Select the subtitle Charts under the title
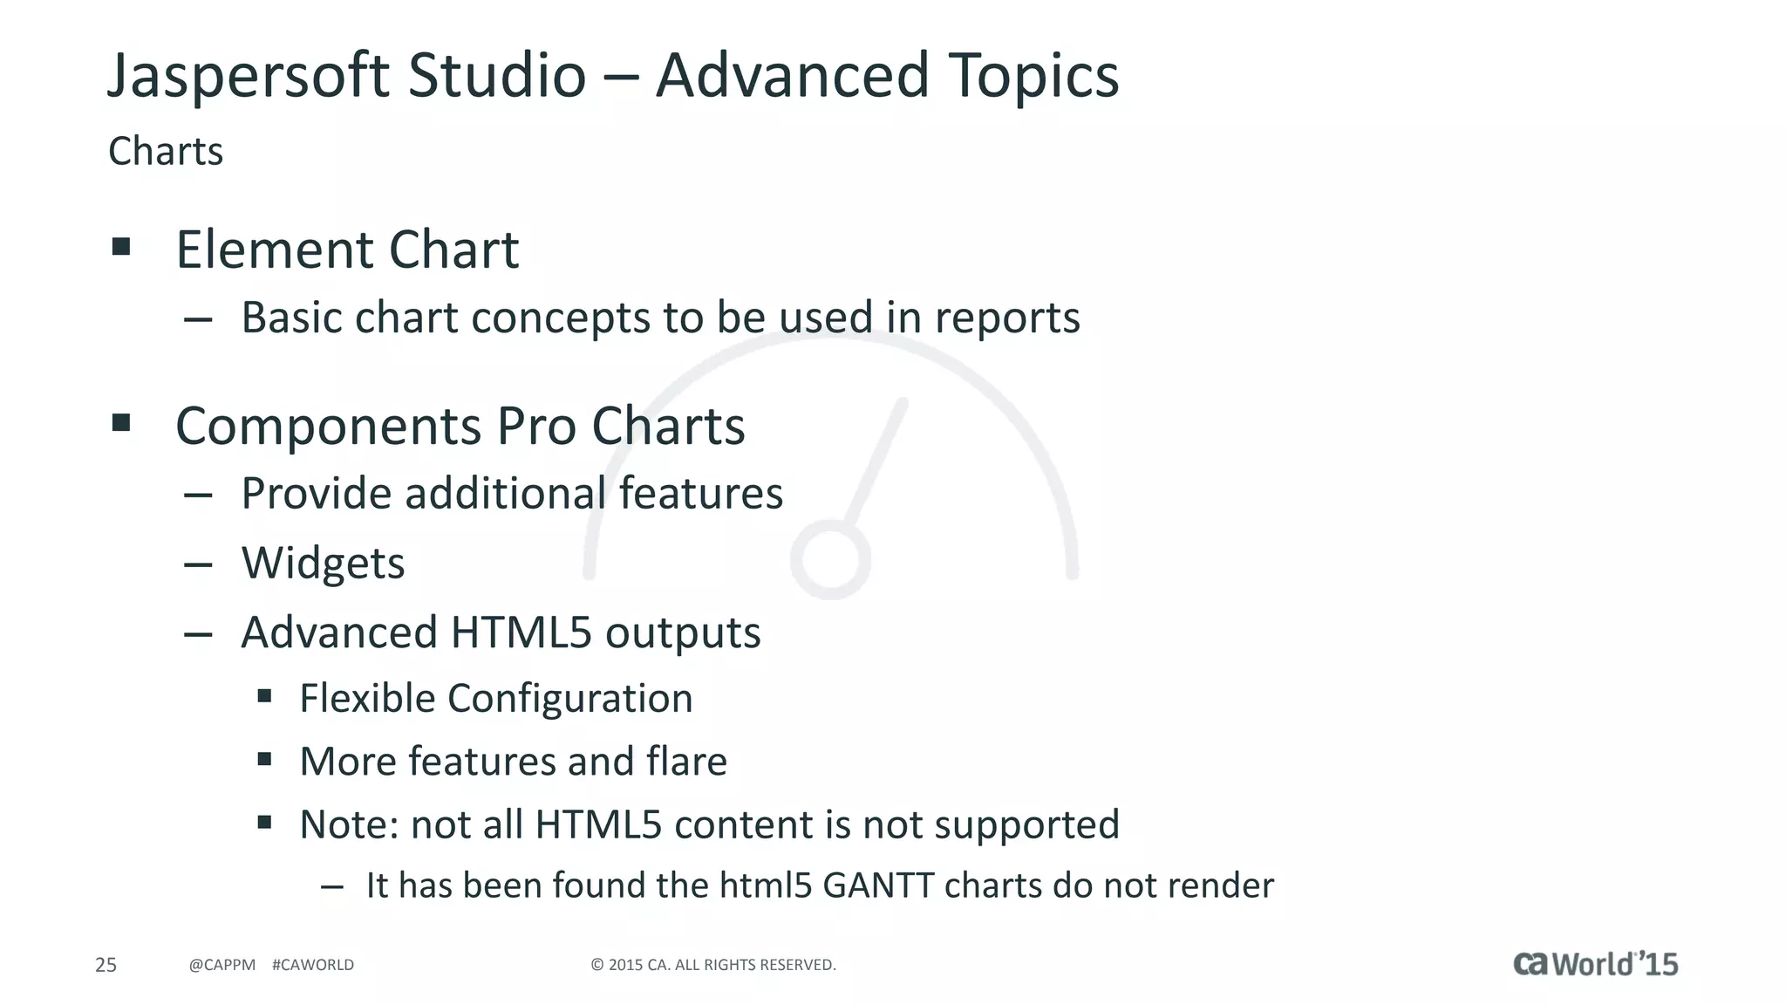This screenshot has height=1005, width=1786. tap(166, 152)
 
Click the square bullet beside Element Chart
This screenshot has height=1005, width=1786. tap(121, 247)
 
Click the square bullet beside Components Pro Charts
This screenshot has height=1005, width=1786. tap(121, 424)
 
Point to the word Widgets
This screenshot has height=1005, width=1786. tap(323, 564)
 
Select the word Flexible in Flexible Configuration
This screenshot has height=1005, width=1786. tap(366, 698)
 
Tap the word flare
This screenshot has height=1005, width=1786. tap(686, 761)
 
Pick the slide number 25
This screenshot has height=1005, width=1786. tap(106, 965)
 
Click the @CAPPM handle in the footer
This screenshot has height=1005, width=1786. tap(222, 965)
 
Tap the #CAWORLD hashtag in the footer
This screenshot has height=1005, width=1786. tap(313, 965)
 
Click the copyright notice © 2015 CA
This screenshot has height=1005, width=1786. tap(713, 965)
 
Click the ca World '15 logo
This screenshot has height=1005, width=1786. tap(1595, 963)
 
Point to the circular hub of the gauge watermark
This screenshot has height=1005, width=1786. tap(830, 559)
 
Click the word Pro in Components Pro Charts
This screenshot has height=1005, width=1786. tap(535, 427)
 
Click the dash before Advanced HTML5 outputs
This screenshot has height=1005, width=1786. tap(199, 634)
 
